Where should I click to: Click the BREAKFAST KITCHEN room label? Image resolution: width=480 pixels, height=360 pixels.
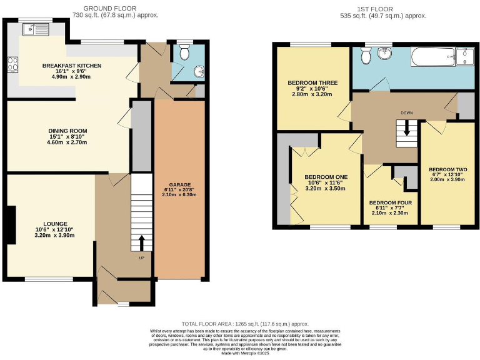click(72, 65)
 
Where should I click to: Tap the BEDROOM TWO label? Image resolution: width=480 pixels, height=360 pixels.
click(447, 169)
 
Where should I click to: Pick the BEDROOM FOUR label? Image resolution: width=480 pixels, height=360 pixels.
click(389, 203)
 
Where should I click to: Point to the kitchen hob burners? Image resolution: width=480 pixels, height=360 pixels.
click(12, 64)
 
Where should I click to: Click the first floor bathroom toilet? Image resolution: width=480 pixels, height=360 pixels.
click(368, 56)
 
